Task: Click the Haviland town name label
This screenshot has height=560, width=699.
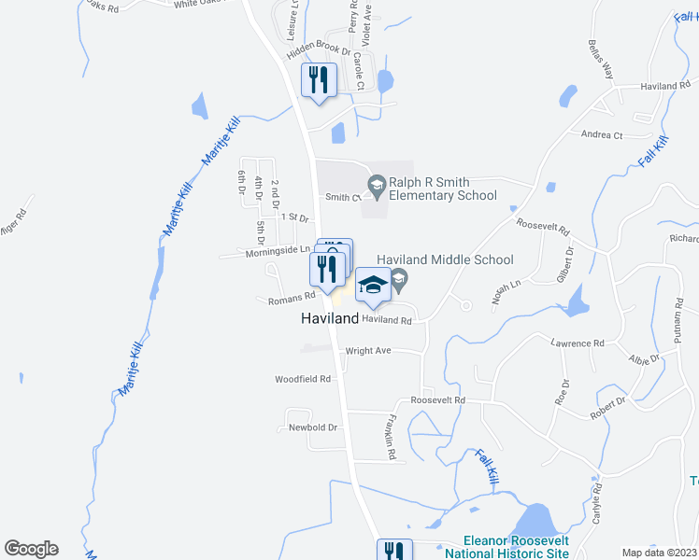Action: (330, 318)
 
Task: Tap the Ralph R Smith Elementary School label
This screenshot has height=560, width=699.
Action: (443, 189)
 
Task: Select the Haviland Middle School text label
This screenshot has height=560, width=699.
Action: (445, 260)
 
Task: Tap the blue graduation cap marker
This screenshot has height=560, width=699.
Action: (373, 286)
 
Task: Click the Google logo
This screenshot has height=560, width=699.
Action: (31, 549)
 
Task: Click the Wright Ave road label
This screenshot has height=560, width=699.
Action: (368, 352)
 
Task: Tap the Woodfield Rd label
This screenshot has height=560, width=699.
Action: (303, 380)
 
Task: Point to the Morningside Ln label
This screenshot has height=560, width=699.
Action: (278, 251)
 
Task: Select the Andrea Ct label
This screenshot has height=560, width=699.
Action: (602, 135)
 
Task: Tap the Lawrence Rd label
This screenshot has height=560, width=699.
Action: (578, 343)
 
